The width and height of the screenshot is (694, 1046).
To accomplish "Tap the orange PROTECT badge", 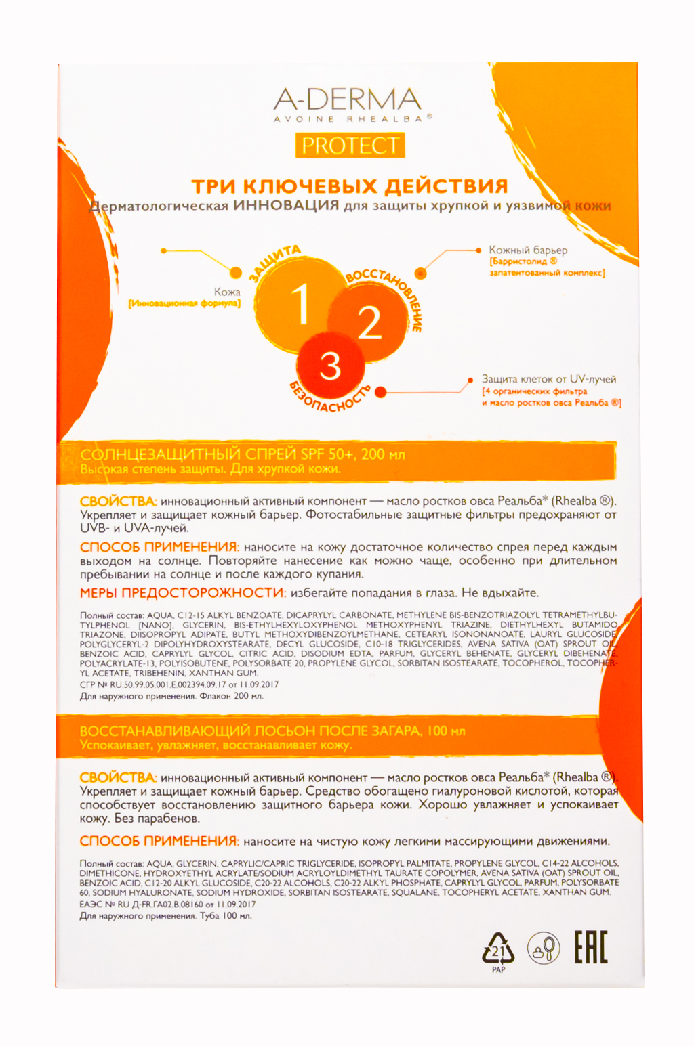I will pyautogui.click(x=350, y=146).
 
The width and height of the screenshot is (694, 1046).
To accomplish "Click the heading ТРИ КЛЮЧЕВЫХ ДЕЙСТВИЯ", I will pyautogui.click(x=349, y=186).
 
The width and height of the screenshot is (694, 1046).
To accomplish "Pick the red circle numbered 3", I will pyautogui.click(x=330, y=366).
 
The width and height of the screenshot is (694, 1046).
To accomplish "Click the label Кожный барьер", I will pyautogui.click(x=528, y=250).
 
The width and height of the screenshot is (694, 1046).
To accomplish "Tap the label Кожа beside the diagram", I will pyautogui.click(x=227, y=292).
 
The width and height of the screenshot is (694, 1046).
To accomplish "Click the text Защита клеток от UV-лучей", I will pyautogui.click(x=549, y=379).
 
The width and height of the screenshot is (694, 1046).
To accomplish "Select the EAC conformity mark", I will pyautogui.click(x=591, y=947).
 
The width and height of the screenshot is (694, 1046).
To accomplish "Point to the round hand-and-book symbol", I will pyautogui.click(x=544, y=948).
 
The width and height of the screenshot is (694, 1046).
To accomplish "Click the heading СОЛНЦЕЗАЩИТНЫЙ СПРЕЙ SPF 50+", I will pyautogui.click(x=242, y=454).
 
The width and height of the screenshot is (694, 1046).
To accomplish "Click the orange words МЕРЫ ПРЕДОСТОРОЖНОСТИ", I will pyautogui.click(x=183, y=593).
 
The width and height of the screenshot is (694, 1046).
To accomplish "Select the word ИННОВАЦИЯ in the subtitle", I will pyautogui.click(x=285, y=205).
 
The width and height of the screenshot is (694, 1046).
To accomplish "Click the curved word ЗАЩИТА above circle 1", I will pyautogui.click(x=274, y=262).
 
